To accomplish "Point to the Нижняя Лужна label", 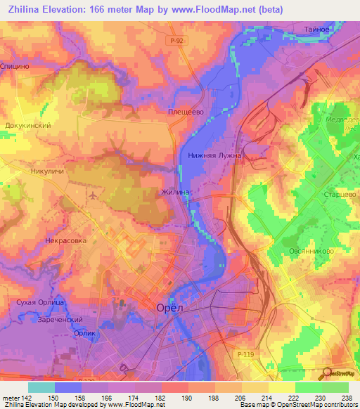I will coord(214,155).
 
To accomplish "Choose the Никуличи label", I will coord(49,170).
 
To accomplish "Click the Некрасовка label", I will coord(65,240).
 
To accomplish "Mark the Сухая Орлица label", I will coord(41,302).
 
